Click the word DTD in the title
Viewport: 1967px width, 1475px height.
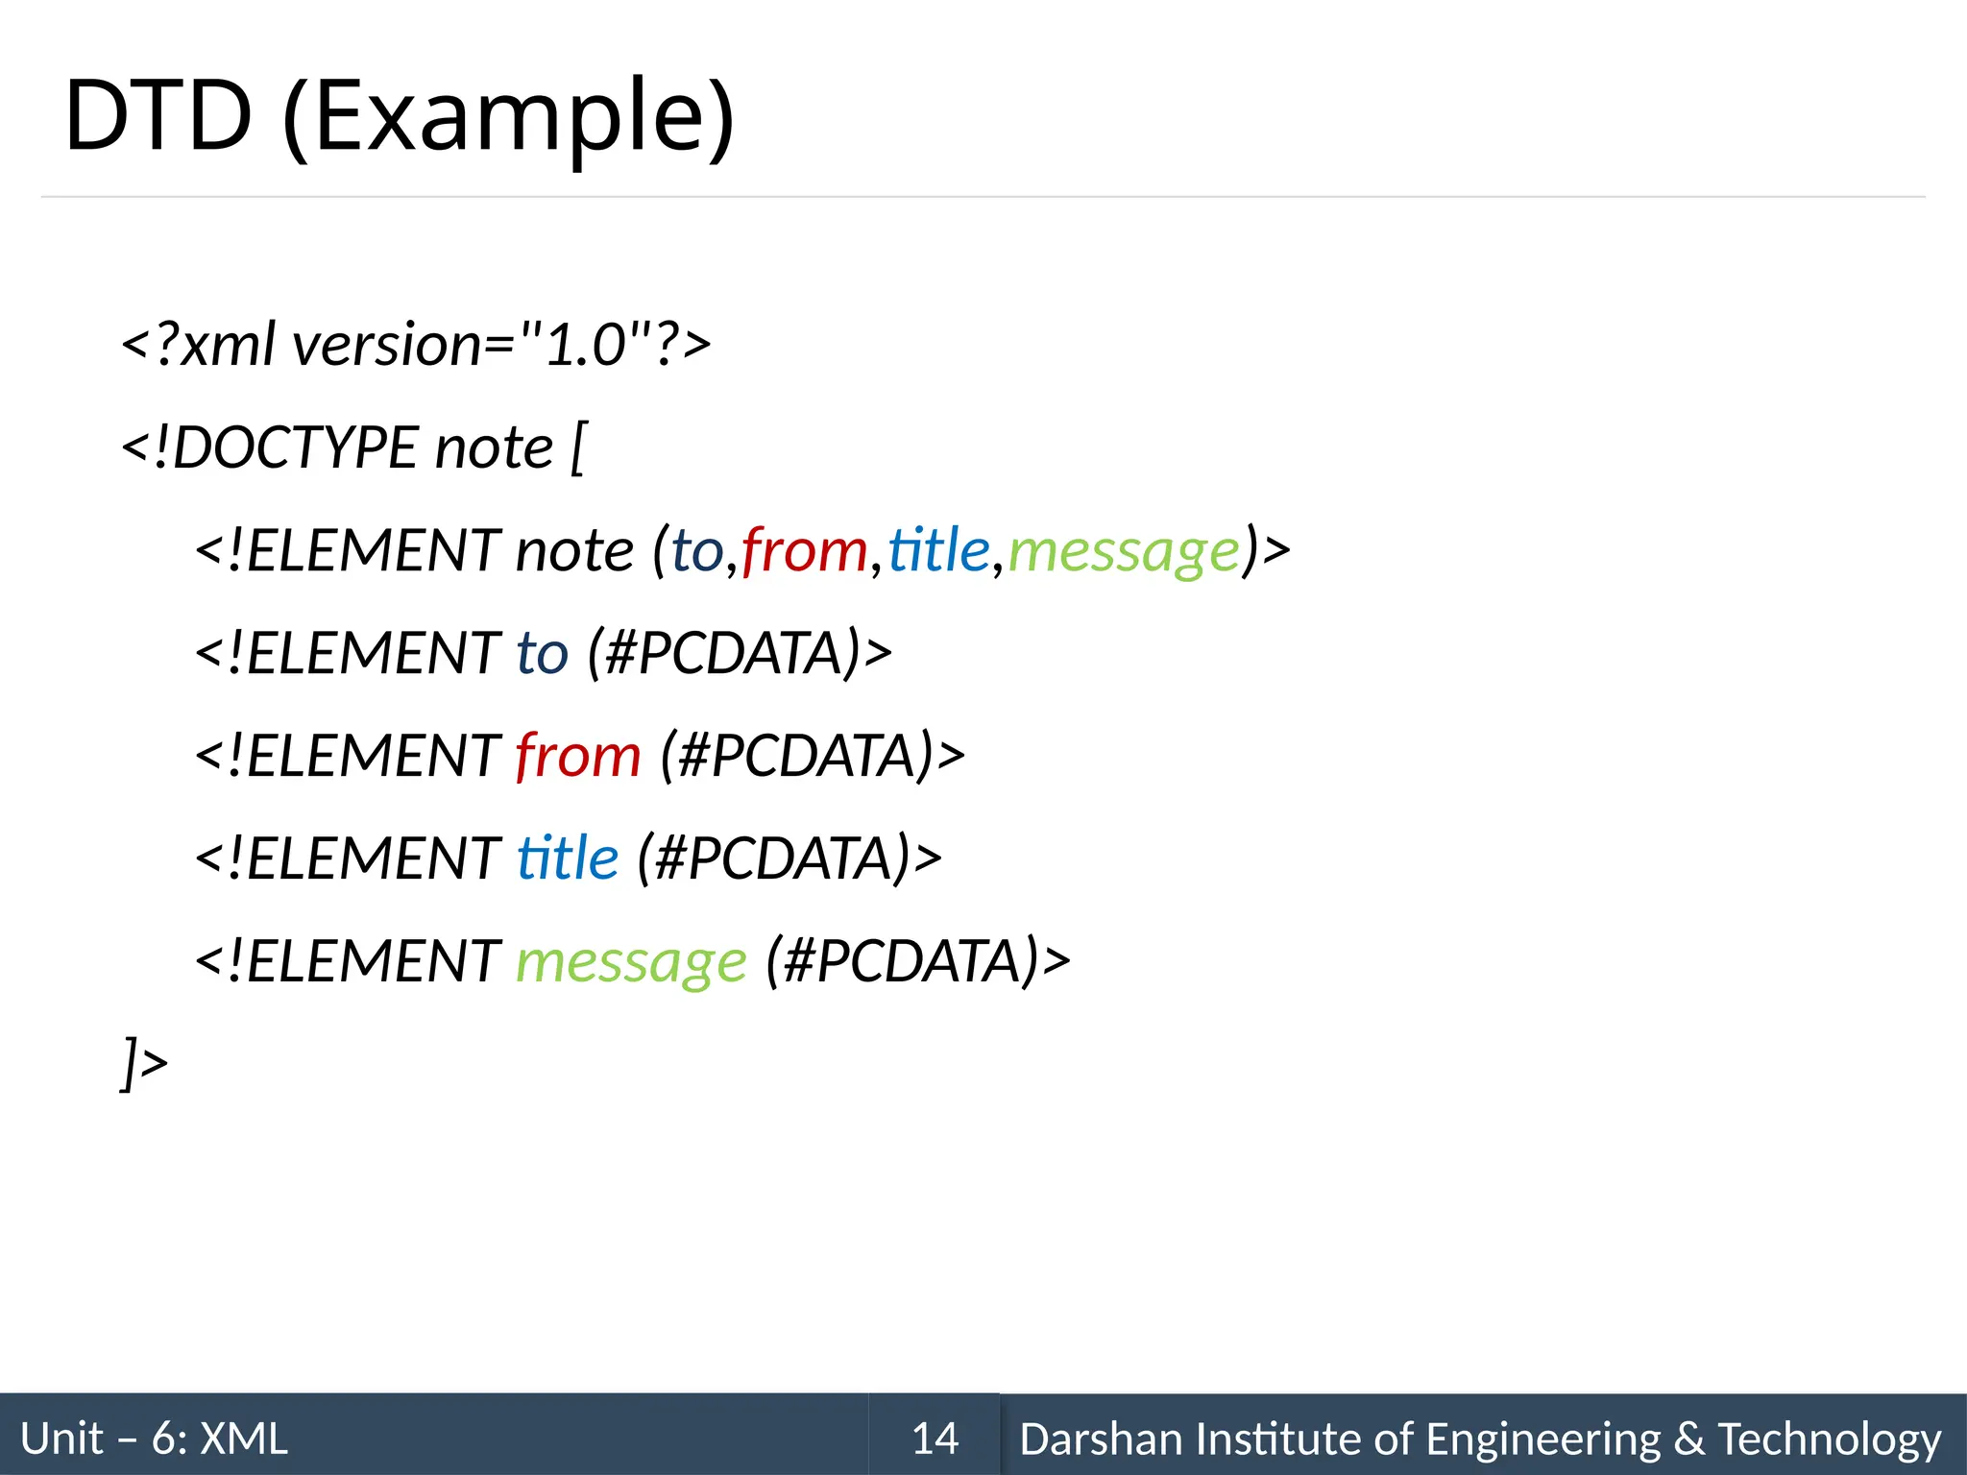click(x=158, y=117)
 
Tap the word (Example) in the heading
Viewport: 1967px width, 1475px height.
click(x=509, y=117)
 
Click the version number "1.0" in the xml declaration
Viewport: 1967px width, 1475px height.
click(x=585, y=345)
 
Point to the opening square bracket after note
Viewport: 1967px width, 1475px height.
click(x=577, y=447)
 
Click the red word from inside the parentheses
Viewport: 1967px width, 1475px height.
click(x=805, y=551)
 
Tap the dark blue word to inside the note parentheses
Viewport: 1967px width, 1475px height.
click(x=696, y=551)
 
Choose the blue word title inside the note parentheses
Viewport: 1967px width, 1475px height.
click(x=938, y=551)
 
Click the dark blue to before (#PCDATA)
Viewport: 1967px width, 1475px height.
click(x=543, y=654)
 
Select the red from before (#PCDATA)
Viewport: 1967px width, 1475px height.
click(x=578, y=756)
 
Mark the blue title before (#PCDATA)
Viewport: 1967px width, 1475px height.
click(x=568, y=858)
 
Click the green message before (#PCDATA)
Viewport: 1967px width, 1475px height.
click(x=631, y=961)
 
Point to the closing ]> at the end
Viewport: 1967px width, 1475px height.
click(x=145, y=1063)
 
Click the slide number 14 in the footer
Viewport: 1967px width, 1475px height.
click(x=935, y=1439)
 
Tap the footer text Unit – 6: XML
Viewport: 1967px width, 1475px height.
click(x=154, y=1439)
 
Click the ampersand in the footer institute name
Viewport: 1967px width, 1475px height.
click(x=1689, y=1439)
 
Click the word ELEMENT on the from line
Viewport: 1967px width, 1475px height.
click(x=374, y=756)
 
